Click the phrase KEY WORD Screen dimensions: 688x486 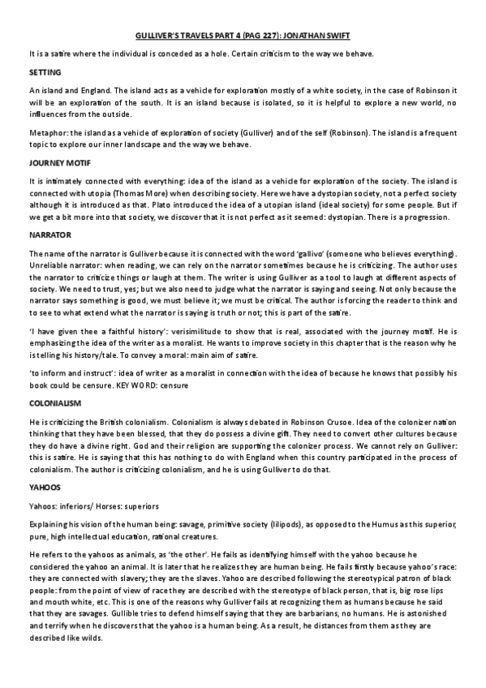[165, 385]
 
